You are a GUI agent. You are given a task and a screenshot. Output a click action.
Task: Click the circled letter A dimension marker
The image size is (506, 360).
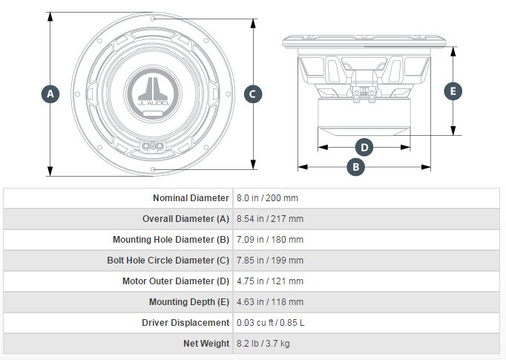(x=50, y=94)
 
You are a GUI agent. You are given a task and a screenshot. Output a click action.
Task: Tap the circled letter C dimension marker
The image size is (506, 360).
(x=253, y=94)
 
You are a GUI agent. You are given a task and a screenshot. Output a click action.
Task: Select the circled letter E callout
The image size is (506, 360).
(x=453, y=91)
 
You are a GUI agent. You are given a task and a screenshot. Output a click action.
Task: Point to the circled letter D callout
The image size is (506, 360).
(x=364, y=148)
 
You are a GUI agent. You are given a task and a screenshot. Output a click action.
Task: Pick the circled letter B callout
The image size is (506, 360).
(x=355, y=167)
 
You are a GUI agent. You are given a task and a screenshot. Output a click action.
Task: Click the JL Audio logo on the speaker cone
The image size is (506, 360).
(x=153, y=91)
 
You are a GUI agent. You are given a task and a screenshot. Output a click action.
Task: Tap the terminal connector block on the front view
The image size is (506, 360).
(x=153, y=146)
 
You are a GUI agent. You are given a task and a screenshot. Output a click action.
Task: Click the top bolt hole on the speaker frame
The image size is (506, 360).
(x=153, y=19)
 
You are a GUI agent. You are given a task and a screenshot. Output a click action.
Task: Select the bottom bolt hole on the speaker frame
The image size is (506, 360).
(x=153, y=169)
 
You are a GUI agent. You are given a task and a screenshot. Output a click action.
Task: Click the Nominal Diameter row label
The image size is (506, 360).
(x=191, y=198)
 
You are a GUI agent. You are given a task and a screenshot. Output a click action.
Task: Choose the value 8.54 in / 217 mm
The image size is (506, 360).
(x=270, y=219)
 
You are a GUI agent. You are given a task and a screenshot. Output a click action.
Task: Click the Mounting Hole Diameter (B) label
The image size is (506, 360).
(x=171, y=240)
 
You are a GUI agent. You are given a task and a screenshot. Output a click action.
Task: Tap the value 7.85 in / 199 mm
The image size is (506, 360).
(x=270, y=261)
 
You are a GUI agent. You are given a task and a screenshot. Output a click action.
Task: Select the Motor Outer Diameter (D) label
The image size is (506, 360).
(x=176, y=281)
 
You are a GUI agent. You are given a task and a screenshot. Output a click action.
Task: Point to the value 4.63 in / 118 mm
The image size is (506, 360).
(x=270, y=302)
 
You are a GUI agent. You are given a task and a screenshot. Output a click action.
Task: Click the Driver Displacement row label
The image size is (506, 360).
(x=185, y=323)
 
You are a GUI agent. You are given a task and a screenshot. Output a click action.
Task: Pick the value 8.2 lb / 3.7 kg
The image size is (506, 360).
(x=263, y=343)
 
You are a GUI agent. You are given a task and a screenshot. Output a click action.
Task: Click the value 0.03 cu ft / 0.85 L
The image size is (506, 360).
(x=270, y=323)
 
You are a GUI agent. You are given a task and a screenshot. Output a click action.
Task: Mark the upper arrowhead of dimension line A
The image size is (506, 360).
(x=50, y=17)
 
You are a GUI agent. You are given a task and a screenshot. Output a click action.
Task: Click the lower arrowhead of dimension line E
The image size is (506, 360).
(x=453, y=131)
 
